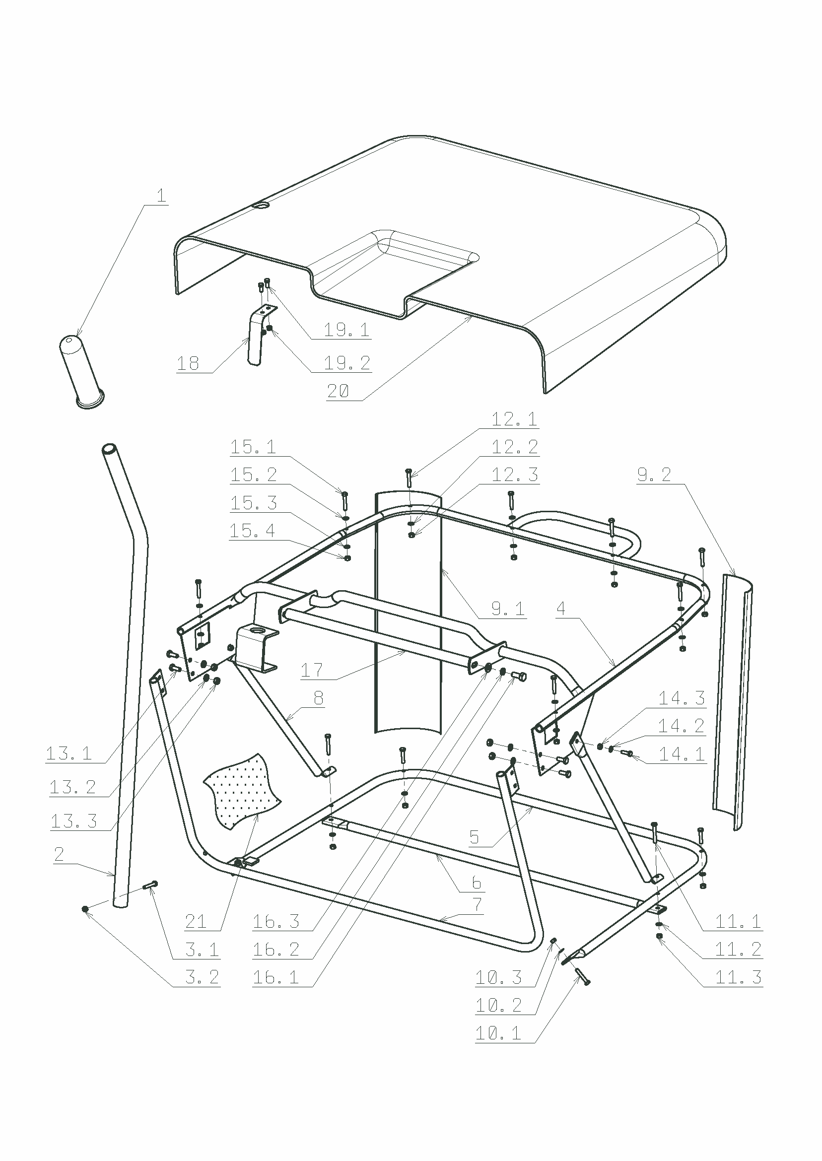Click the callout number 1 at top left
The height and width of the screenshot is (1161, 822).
pos(161,196)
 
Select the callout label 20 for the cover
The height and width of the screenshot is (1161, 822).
pos(338,391)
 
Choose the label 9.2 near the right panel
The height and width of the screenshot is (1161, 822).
pos(654,475)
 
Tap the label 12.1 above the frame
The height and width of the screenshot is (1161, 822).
pos(514,419)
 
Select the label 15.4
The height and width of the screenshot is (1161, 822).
pos(253,531)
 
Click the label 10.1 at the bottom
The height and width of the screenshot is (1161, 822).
pos(498,1033)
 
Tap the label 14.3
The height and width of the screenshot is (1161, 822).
pos(682,698)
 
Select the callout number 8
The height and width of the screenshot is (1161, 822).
pos(318,698)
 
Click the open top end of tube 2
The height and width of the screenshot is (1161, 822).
pos(109,449)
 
